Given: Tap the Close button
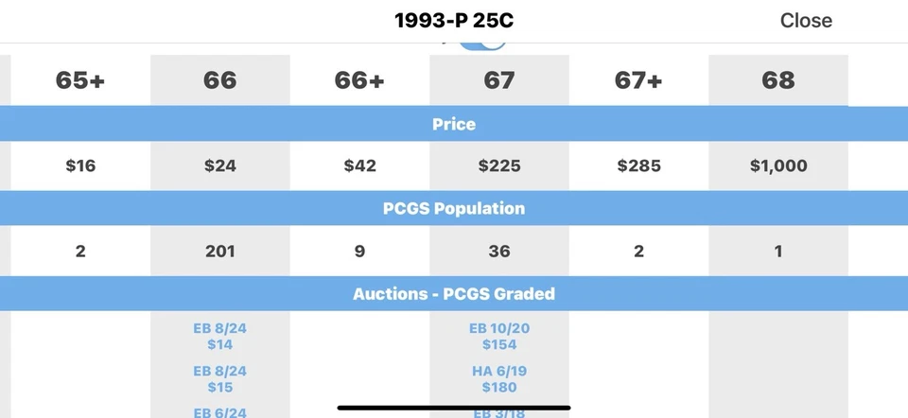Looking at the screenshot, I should tap(806, 21).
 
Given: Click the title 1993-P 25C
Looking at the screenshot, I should tap(454, 21).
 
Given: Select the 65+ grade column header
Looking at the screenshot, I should tap(80, 81).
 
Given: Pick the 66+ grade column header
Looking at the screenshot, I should tap(359, 81).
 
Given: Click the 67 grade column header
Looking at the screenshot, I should tap(499, 81).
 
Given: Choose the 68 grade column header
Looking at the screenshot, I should tap(778, 81).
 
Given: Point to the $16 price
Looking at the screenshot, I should tap(80, 166).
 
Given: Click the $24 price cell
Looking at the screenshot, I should tap(219, 166).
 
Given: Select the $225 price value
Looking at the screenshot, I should tap(499, 166).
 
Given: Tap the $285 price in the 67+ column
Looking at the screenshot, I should tap(638, 166).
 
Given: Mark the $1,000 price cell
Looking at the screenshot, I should tap(778, 166).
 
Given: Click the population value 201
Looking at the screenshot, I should tap(219, 252).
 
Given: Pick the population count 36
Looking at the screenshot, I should tap(499, 252).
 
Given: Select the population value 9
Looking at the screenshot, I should tap(359, 252).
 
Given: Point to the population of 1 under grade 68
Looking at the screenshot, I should tap(778, 252).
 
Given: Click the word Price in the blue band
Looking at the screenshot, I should tap(454, 124).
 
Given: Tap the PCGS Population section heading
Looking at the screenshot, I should tap(454, 208).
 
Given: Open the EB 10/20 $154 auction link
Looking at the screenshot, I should tap(499, 337).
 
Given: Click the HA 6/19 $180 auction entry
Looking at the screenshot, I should tap(499, 379).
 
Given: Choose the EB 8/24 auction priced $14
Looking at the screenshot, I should tap(219, 337).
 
